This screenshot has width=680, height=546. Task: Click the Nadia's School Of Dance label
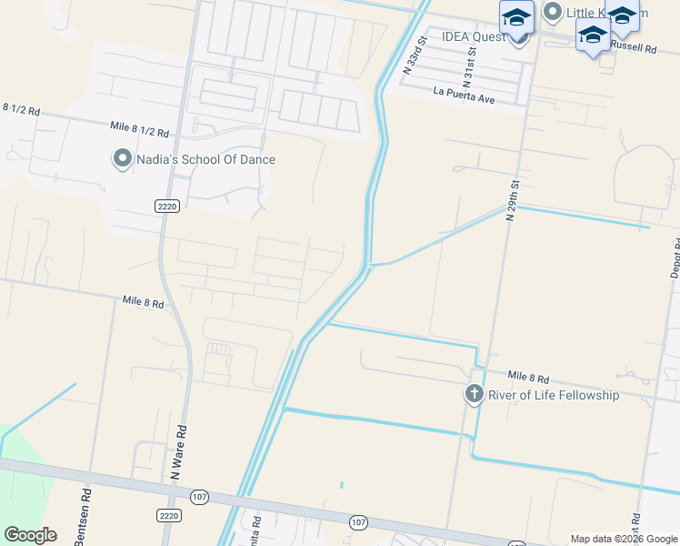coord(205,160)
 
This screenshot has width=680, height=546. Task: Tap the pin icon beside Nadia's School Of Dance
coord(122,159)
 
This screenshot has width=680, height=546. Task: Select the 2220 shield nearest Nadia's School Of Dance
coord(165,207)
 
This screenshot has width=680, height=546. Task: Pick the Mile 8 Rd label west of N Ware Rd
coord(143,301)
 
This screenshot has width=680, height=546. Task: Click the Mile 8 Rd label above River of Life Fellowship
coord(528,377)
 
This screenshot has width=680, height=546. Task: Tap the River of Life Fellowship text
coord(554,395)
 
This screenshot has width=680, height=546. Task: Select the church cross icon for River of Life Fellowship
coord(474,394)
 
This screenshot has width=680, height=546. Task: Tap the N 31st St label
coord(470,67)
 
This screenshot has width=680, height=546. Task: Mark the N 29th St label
coord(514,195)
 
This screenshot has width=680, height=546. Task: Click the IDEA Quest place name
coord(473,37)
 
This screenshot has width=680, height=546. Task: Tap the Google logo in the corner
coord(31,535)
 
